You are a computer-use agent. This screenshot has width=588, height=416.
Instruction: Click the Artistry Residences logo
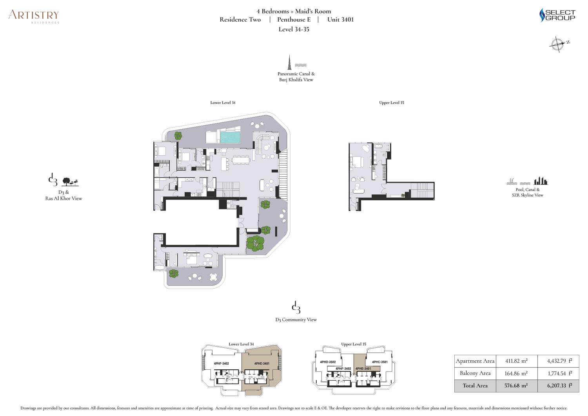(x=34, y=16)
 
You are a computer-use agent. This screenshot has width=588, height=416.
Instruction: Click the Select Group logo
(x=557, y=15)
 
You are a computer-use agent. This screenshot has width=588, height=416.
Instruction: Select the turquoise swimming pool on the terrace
(x=230, y=137)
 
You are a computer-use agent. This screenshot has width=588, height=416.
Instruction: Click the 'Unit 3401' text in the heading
(x=341, y=20)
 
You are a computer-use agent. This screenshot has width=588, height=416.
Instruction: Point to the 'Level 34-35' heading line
(x=294, y=29)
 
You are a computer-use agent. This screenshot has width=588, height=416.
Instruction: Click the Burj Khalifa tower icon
(x=290, y=62)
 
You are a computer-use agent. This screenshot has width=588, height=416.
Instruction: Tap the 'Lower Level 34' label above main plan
(x=223, y=103)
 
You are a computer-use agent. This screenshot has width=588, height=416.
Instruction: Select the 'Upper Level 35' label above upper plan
(x=391, y=103)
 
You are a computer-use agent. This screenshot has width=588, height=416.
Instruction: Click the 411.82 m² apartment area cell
(x=516, y=361)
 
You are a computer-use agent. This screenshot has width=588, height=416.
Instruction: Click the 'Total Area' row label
(x=475, y=386)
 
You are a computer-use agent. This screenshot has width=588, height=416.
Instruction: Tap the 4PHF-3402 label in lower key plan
(x=221, y=364)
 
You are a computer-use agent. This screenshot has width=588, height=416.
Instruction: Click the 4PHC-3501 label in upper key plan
(x=379, y=362)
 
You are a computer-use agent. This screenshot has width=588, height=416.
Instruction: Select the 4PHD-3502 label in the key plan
(x=328, y=362)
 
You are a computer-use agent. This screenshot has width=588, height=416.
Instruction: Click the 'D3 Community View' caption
(x=296, y=320)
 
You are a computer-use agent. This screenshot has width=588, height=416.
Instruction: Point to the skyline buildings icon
(x=541, y=181)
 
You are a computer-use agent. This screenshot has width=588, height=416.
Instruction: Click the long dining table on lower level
(x=241, y=160)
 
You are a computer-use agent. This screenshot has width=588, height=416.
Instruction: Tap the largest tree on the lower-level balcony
(x=255, y=243)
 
